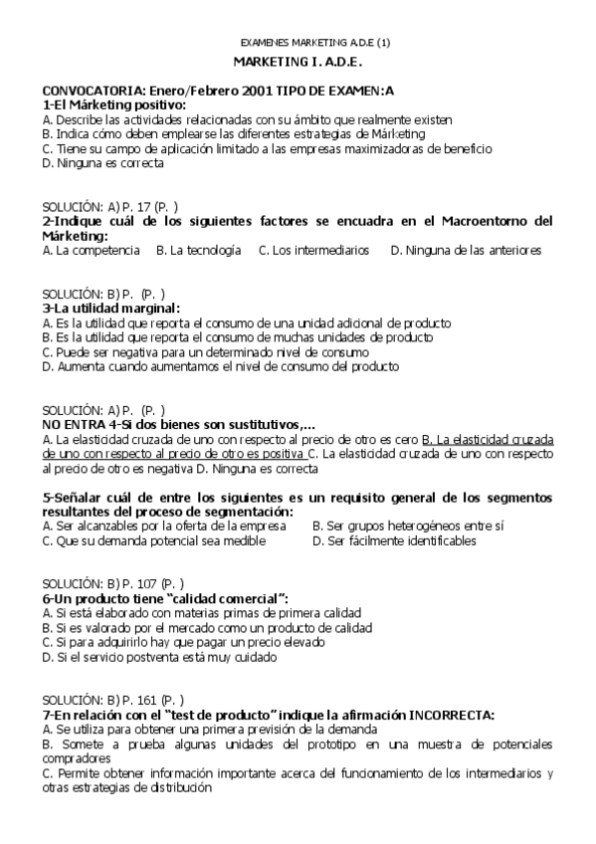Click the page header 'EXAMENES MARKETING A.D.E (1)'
click(x=316, y=43)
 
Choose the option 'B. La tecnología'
click(x=199, y=251)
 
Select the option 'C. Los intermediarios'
click(x=313, y=251)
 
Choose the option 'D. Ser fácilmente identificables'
click(x=394, y=540)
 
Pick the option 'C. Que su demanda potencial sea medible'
click(x=154, y=540)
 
